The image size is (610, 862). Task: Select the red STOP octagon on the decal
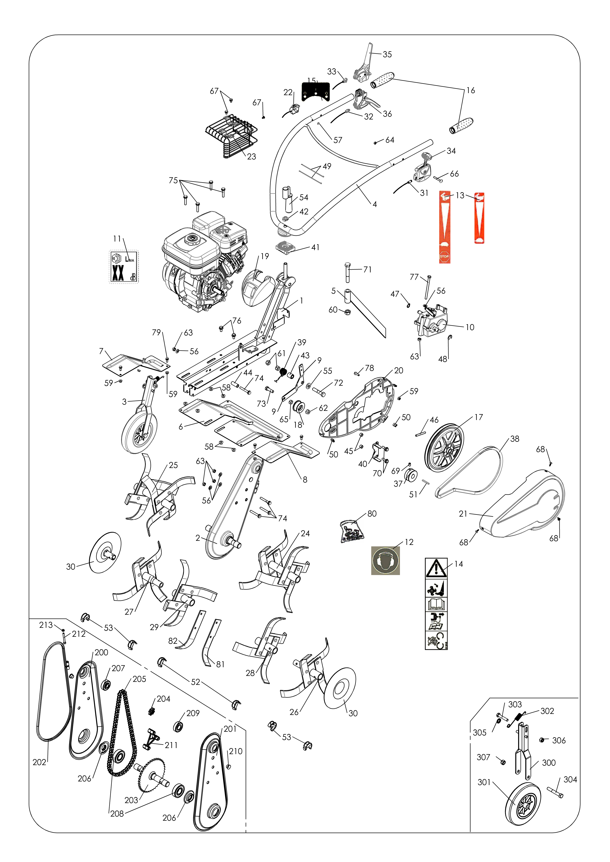tap(444, 257)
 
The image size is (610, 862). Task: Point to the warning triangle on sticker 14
tap(436, 568)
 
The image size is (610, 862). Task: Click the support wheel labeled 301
tap(523, 804)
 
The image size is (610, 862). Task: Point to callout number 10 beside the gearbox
tap(470, 327)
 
